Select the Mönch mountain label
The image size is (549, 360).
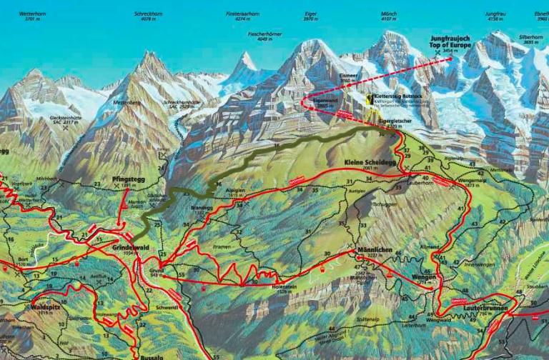click(390, 14)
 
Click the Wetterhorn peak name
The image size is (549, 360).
click(33, 14)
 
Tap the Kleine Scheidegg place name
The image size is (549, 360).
click(370, 163)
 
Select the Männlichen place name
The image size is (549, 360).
click(371, 250)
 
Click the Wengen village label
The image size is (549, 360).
click(424, 276)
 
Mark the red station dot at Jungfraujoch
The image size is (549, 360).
click(451, 59)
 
